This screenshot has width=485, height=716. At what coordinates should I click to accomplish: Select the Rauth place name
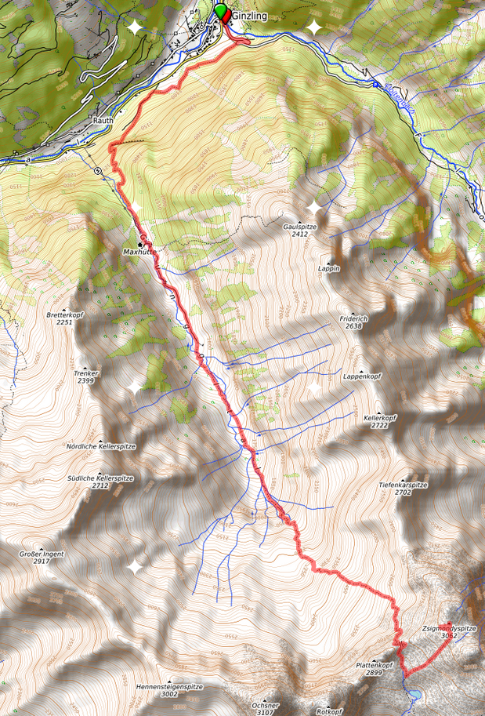click(x=103, y=121)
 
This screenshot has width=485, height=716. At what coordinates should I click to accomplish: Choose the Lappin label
click(x=329, y=268)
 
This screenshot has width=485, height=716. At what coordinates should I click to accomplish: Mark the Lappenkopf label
click(x=362, y=376)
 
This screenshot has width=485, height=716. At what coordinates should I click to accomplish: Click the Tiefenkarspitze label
click(x=403, y=485)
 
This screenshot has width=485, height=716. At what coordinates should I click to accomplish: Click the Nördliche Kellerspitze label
click(x=101, y=445)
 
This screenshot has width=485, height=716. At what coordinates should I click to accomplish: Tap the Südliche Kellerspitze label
click(x=100, y=478)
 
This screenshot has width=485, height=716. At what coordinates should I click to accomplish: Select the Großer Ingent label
click(x=42, y=554)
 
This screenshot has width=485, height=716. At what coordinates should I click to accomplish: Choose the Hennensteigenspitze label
click(x=169, y=686)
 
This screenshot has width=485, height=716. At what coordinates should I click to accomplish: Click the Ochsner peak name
click(x=265, y=705)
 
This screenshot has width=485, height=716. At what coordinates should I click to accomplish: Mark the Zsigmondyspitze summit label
click(x=449, y=628)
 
